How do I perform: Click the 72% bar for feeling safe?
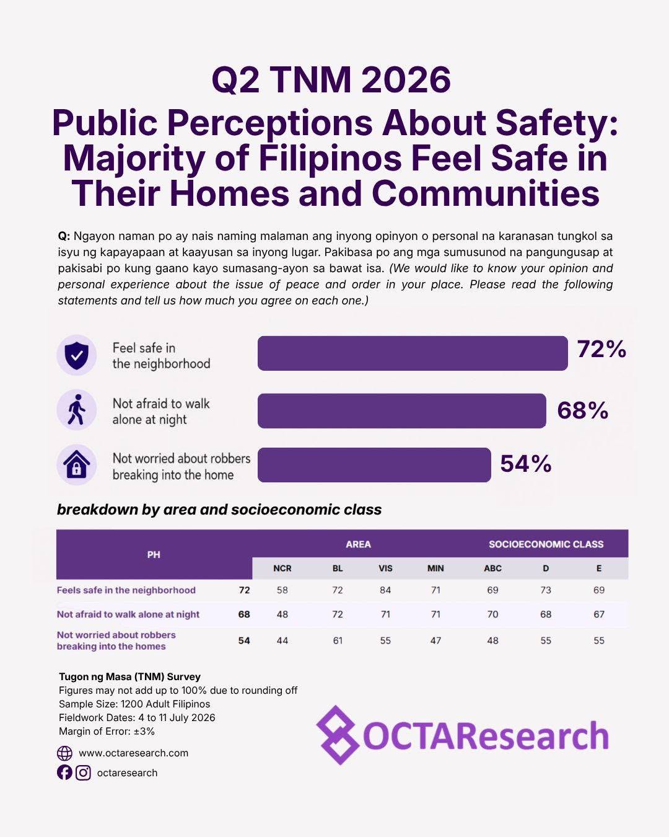[413, 353]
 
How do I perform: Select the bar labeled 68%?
[401, 410]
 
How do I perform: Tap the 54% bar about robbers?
[374, 465]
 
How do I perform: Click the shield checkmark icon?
[77, 355]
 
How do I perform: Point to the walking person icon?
[77, 410]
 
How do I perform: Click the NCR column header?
[282, 569]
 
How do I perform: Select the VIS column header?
[385, 569]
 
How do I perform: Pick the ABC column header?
[492, 569]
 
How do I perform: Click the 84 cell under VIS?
[385, 590]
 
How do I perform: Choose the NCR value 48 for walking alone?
[282, 614]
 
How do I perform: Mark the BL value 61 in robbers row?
[338, 640]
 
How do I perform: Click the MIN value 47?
[435, 640]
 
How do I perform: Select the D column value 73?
[545, 590]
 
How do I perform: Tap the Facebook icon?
[64, 773]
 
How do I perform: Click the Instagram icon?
[83, 773]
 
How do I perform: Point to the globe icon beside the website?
[64, 753]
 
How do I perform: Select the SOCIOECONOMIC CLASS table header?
[546, 544]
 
